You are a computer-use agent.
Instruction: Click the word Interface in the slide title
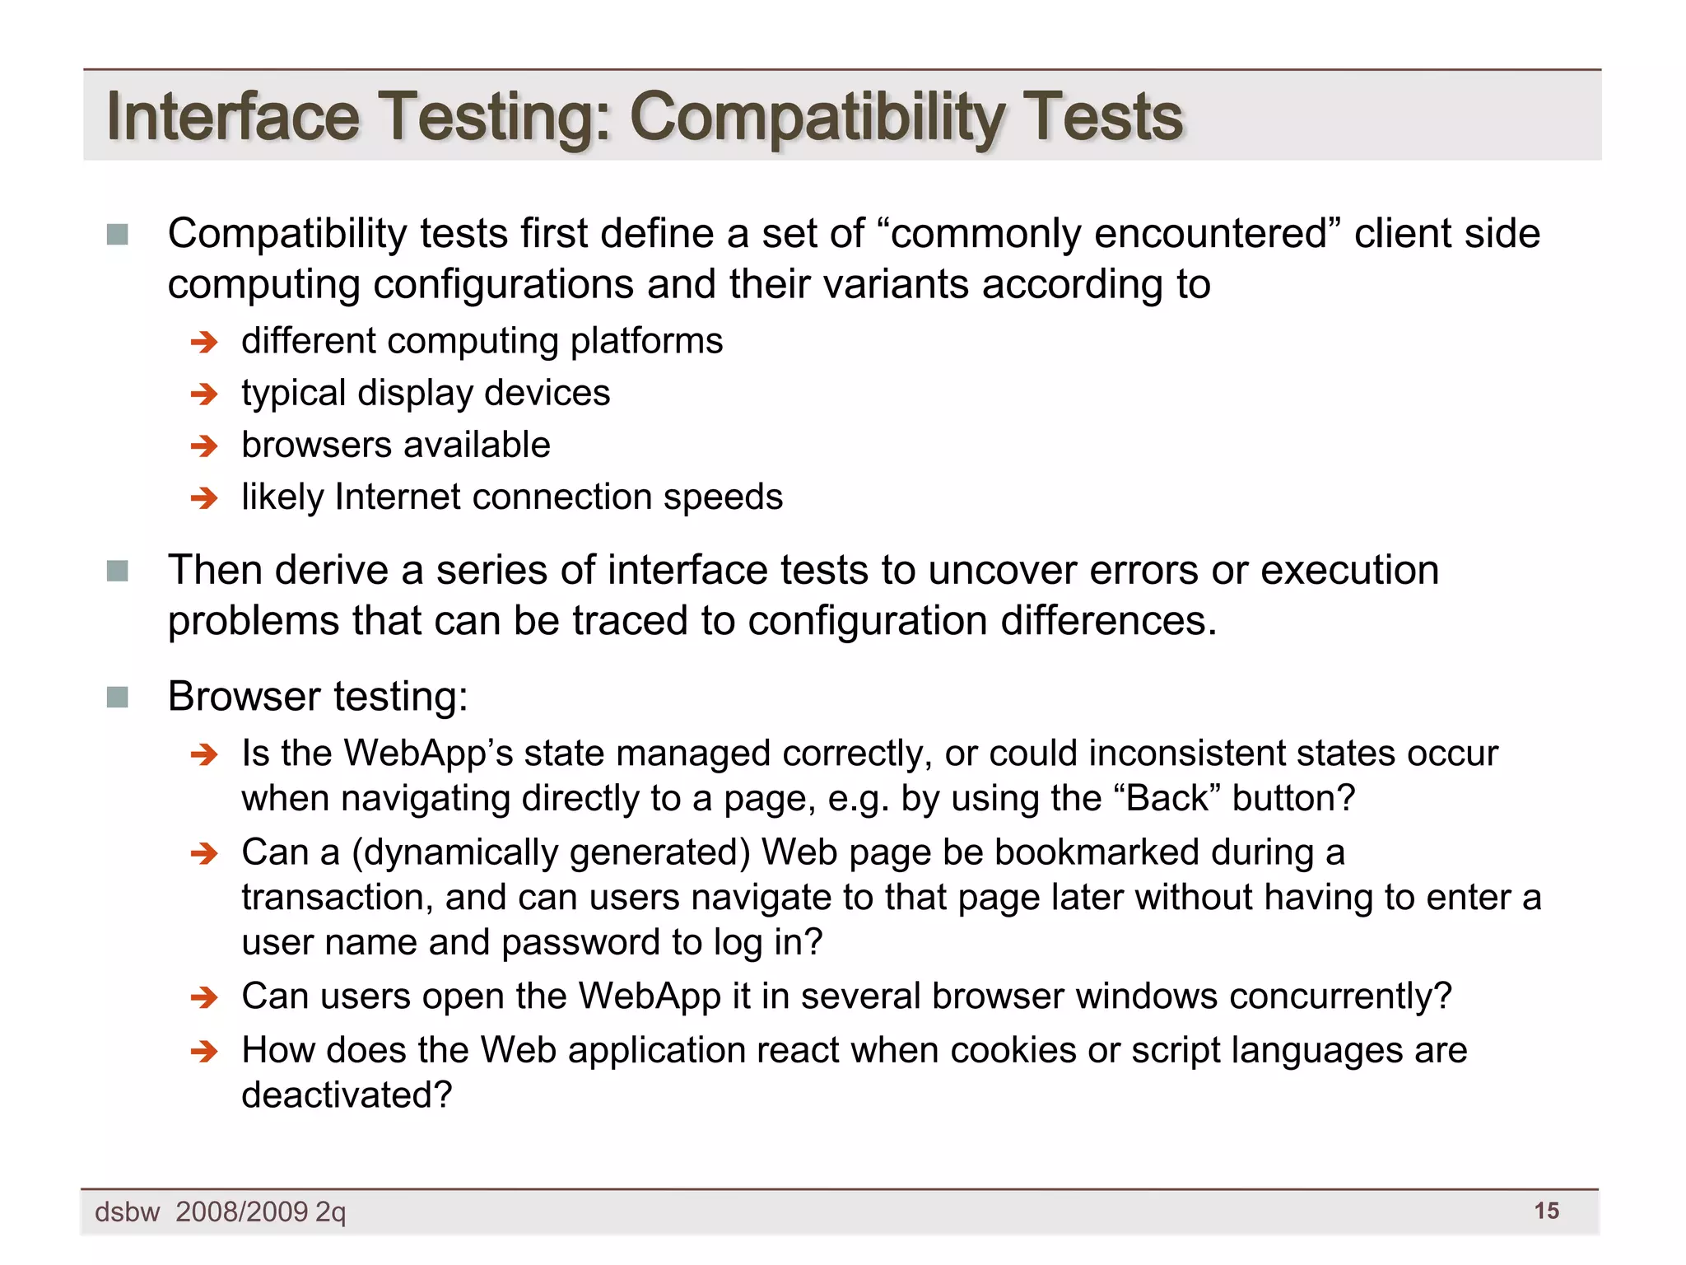(233, 117)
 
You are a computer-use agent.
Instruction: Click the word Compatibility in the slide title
(815, 117)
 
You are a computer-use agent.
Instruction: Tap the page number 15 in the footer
(1546, 1211)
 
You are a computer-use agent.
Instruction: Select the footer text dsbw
(127, 1212)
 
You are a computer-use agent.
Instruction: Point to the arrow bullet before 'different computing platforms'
(203, 342)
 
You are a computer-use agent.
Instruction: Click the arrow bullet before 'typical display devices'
(203, 394)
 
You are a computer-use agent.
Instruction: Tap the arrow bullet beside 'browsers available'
(203, 446)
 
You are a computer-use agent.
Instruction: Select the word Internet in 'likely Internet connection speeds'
(397, 497)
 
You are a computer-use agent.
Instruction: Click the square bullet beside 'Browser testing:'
(118, 698)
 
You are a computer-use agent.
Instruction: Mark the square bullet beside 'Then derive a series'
(118, 571)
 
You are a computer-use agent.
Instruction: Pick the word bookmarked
(1096, 852)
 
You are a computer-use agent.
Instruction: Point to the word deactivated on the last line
(346, 1095)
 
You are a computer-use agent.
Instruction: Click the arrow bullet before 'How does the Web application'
(203, 1052)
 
